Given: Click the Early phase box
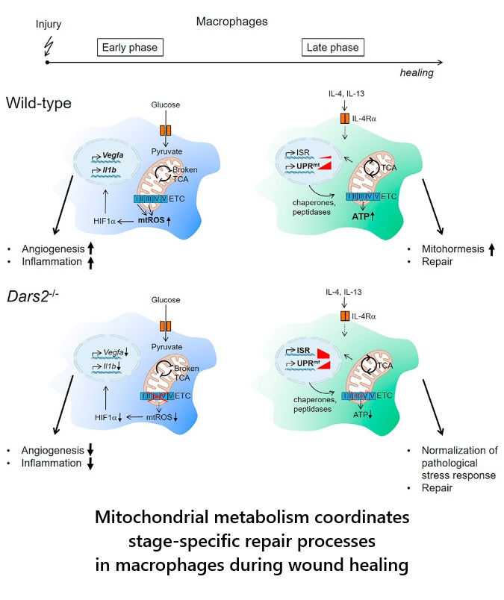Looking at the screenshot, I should coord(131,48).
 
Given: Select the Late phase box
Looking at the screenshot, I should coord(332,48).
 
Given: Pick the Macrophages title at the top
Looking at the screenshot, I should coord(231,22).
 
